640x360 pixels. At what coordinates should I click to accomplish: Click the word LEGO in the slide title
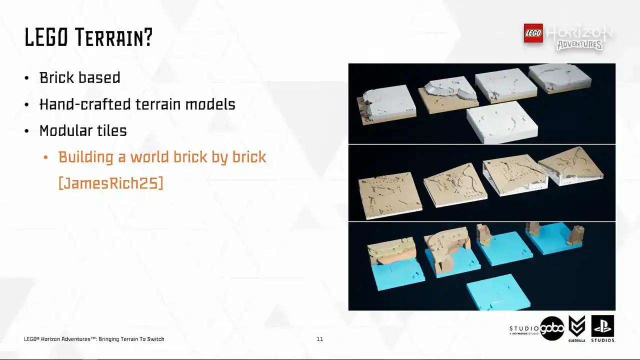(x=46, y=37)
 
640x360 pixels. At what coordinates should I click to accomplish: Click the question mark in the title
(x=148, y=37)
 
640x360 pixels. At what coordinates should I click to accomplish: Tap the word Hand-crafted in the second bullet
(x=85, y=104)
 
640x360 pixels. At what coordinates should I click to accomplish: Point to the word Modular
(x=65, y=130)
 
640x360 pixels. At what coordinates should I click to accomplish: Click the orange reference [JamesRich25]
(x=111, y=183)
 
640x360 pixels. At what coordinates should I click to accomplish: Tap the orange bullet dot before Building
(x=45, y=157)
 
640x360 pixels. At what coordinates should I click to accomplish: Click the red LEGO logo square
(x=533, y=33)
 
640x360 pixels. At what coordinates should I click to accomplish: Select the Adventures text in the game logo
(x=579, y=45)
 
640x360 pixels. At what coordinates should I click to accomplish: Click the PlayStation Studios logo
(x=602, y=328)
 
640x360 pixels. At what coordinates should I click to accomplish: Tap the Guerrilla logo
(x=576, y=328)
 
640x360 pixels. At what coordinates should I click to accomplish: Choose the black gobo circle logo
(x=552, y=328)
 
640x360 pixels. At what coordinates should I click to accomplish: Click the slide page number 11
(x=319, y=339)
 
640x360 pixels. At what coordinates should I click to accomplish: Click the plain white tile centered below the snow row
(x=502, y=122)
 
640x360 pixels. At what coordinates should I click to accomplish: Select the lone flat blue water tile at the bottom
(x=498, y=292)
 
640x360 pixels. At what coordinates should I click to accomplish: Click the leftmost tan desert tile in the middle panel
(x=389, y=195)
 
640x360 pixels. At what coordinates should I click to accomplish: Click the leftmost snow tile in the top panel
(x=385, y=104)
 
